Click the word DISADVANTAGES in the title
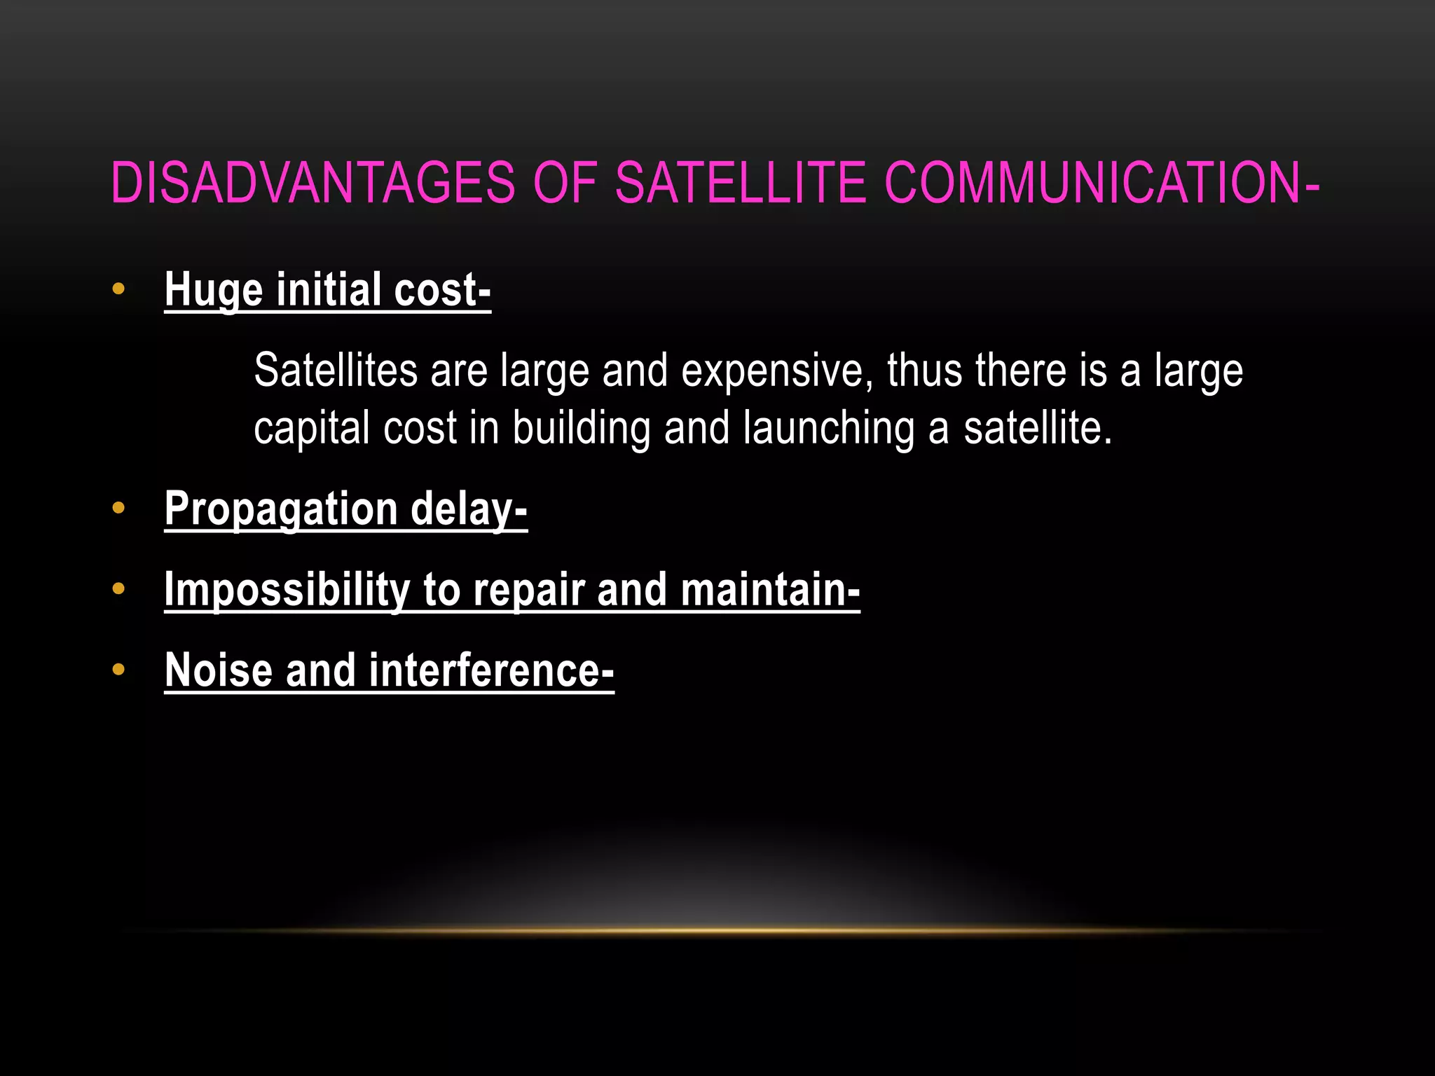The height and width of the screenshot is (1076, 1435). [x=313, y=183]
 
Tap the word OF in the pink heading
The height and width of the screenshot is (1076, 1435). [x=565, y=183]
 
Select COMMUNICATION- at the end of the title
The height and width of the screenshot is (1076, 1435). [x=1102, y=183]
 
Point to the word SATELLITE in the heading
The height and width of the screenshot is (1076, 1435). [x=741, y=183]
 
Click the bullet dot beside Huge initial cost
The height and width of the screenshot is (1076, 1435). [x=118, y=289]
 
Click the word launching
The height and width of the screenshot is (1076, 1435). [x=829, y=429]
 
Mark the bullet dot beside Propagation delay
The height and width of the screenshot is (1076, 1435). [x=118, y=508]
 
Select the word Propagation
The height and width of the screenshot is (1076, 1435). [x=281, y=510]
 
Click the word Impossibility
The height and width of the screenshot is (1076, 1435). [x=287, y=590]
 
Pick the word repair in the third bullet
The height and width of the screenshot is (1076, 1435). [x=529, y=591]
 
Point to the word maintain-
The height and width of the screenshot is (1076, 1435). [x=770, y=589]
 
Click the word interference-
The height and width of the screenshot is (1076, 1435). [x=491, y=670]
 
